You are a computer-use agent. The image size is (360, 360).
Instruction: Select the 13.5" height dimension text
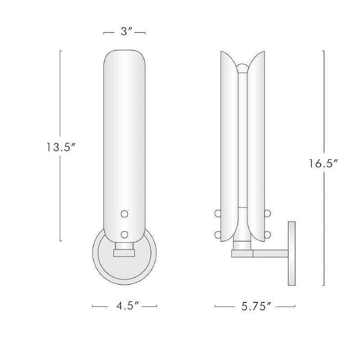click(x=62, y=147)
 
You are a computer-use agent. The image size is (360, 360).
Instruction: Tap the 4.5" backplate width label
click(x=124, y=306)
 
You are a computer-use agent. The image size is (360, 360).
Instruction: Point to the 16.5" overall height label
click(x=323, y=164)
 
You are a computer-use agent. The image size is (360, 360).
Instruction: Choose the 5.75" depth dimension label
click(x=255, y=307)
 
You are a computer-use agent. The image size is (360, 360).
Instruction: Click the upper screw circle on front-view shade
click(x=125, y=214)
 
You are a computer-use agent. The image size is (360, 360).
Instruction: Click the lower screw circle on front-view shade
click(x=125, y=234)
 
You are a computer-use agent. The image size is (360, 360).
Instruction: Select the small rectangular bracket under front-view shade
click(x=124, y=253)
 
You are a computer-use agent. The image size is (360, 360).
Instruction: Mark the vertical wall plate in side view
click(x=291, y=253)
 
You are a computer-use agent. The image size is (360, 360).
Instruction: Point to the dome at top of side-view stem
click(x=242, y=68)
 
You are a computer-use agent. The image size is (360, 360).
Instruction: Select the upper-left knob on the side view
click(x=218, y=213)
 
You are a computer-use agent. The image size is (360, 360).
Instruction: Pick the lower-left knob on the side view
click(x=218, y=234)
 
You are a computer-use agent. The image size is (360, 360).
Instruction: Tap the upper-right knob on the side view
click(x=267, y=213)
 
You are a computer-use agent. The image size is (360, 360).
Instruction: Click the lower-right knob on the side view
click(x=267, y=234)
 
